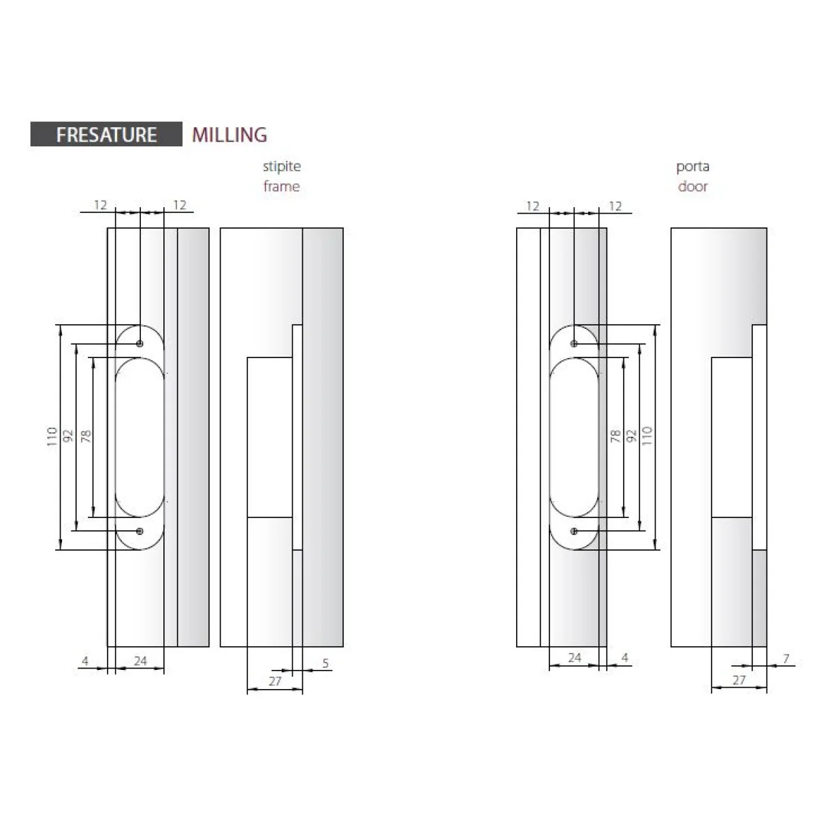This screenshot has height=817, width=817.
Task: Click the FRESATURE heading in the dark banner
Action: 106,135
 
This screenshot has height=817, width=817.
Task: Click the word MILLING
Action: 229,135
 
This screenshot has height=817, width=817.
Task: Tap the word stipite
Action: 281,166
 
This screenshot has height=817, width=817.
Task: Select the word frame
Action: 281,186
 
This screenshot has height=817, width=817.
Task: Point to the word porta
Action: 692,167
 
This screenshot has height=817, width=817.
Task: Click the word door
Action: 692,186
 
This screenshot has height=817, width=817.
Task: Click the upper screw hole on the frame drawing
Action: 140,343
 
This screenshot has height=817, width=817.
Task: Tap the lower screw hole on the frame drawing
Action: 140,531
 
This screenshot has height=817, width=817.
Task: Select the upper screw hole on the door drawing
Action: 574,343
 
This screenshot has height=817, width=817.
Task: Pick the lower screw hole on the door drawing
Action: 574,531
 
